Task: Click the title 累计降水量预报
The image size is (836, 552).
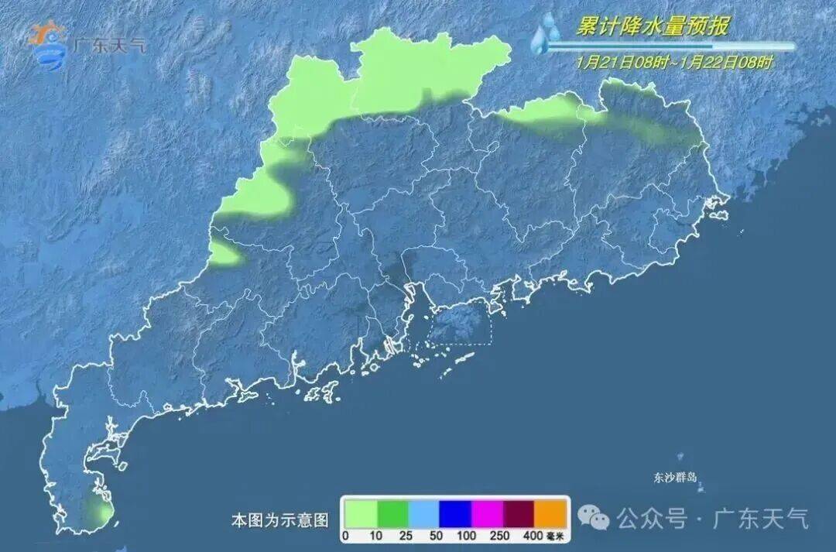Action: [652, 27]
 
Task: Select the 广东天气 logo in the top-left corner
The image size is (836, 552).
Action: [85, 43]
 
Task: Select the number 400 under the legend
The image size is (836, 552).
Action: [533, 536]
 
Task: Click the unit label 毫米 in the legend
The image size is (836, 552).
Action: [556, 536]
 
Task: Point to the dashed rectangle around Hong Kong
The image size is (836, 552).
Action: [460, 323]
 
